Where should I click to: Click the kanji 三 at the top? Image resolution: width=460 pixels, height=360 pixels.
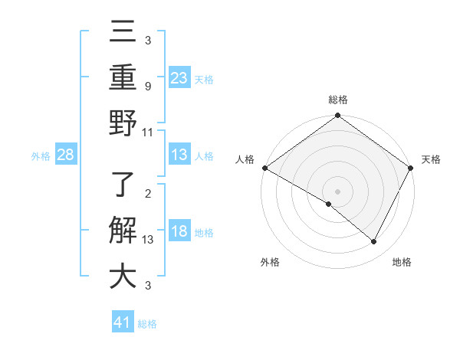[123, 32]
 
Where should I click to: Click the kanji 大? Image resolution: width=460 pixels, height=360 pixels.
[123, 276]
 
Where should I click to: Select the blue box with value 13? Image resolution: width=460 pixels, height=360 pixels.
[179, 155]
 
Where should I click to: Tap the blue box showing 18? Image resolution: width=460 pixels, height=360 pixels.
[179, 231]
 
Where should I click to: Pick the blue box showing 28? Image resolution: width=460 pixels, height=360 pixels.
[65, 155]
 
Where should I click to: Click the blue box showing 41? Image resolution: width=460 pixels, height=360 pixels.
[123, 322]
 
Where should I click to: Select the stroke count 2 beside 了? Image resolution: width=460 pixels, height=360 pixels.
[147, 194]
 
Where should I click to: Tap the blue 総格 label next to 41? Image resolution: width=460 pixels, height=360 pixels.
[147, 324]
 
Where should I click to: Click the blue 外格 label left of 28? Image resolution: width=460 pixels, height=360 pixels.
[41, 156]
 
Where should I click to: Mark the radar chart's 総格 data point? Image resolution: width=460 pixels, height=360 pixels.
[337, 116]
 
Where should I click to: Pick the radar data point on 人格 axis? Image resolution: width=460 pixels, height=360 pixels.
[264, 168]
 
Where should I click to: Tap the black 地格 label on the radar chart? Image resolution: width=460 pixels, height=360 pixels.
[402, 263]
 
